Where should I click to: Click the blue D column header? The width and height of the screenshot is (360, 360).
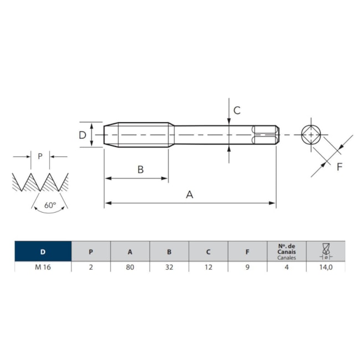click(43, 251)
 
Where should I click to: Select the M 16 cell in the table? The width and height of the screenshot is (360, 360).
click(43, 268)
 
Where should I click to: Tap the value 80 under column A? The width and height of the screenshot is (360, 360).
click(130, 268)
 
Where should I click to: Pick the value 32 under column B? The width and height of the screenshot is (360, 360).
click(169, 268)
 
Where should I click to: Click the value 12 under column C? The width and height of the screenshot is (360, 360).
click(208, 268)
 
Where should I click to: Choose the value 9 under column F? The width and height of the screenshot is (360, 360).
click(248, 268)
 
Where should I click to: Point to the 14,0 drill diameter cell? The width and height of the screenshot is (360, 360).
click(326, 268)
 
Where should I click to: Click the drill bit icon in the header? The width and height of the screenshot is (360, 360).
click(326, 251)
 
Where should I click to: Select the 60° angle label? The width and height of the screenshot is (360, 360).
click(50, 205)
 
